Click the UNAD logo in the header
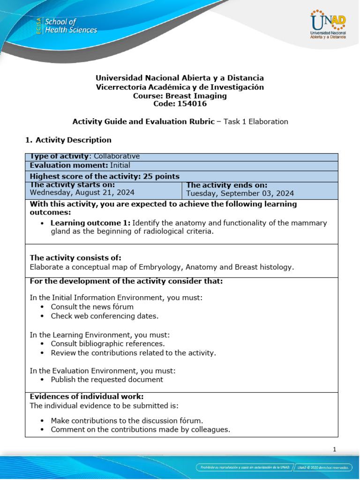328,25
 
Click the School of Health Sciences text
70,26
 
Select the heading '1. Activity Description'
68,140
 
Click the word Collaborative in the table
117,157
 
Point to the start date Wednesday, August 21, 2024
82,192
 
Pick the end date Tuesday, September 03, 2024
240,193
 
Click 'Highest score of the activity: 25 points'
105,176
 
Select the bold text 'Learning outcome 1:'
90,223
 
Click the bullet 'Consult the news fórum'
92,307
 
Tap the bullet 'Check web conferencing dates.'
105,316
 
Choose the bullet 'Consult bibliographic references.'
108,344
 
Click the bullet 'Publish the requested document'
107,380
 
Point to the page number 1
335,450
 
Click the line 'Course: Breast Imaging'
180,96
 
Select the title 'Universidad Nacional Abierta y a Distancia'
180,78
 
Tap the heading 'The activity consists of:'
75,258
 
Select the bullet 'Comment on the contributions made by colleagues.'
140,429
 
